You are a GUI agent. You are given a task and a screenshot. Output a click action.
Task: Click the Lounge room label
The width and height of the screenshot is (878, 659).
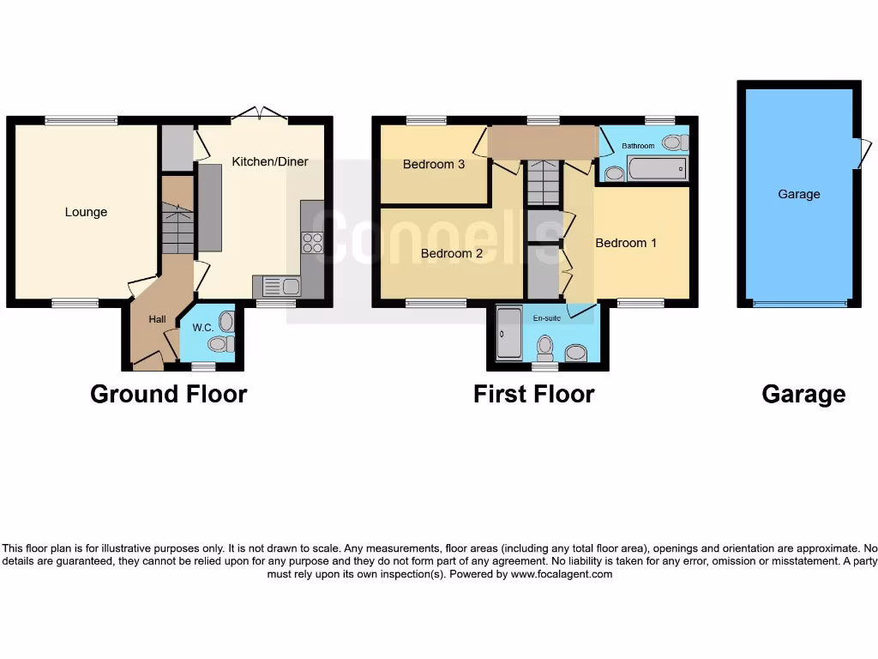click(86, 212)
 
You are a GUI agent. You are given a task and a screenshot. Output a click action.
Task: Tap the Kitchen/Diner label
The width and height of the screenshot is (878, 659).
click(270, 161)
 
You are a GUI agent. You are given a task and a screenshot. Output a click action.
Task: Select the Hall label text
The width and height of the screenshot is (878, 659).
click(157, 319)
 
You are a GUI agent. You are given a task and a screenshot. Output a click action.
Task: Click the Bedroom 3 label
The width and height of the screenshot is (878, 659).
click(434, 164)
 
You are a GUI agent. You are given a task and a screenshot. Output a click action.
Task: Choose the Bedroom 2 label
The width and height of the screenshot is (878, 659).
click(452, 253)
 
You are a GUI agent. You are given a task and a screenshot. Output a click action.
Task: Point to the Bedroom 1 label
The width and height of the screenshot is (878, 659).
click(626, 243)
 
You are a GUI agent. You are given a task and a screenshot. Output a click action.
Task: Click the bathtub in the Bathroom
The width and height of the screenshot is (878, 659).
click(657, 169)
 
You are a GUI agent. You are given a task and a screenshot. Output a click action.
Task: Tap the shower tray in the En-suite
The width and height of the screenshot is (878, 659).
click(508, 333)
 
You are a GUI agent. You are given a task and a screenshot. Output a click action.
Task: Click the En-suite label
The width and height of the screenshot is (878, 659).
click(546, 317)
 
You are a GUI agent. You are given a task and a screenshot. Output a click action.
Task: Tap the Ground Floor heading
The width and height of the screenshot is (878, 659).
click(168, 394)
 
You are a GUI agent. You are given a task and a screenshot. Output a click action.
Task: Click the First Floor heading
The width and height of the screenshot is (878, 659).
click(533, 394)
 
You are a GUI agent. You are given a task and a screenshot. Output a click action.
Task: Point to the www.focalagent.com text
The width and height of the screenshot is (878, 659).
click(562, 574)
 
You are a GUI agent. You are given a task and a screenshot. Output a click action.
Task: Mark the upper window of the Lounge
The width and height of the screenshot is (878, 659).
click(81, 121)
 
